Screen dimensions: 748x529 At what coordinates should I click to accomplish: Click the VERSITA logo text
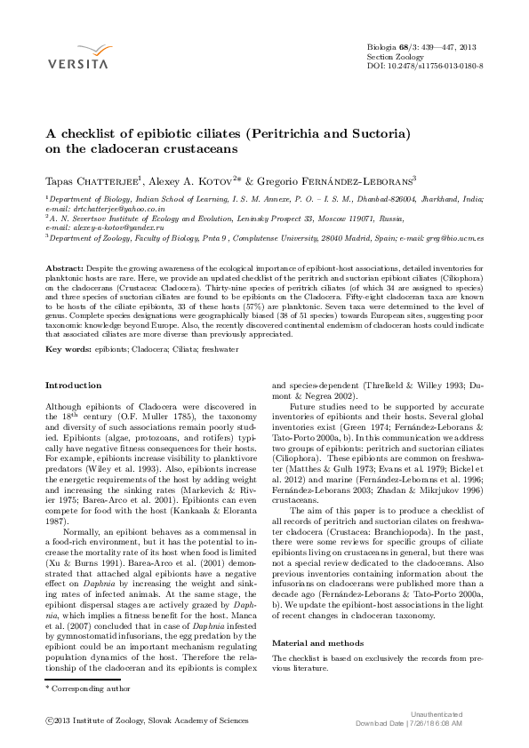click(77, 64)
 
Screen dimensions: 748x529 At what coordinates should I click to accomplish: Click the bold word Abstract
click(64, 267)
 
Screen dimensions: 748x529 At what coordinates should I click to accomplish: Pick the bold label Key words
click(68, 350)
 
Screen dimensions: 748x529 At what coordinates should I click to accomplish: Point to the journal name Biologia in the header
click(384, 45)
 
